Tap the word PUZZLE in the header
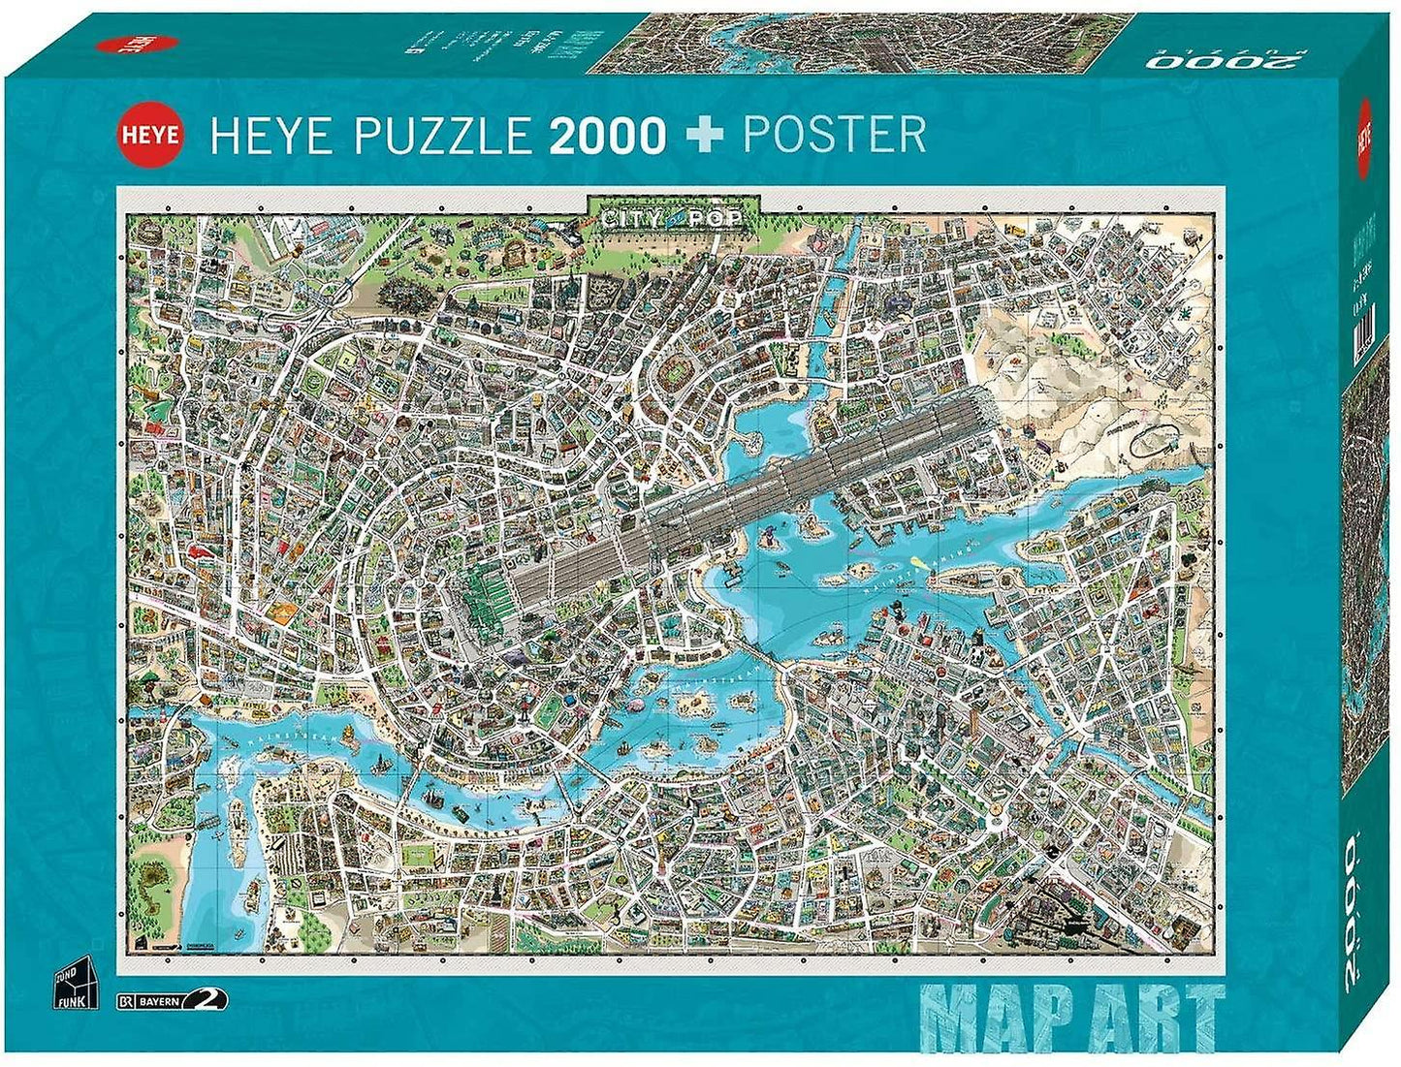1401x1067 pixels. tap(442, 134)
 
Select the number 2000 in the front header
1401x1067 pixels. tap(607, 136)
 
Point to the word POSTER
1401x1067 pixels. tap(834, 134)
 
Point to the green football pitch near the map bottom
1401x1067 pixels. tap(419, 854)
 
